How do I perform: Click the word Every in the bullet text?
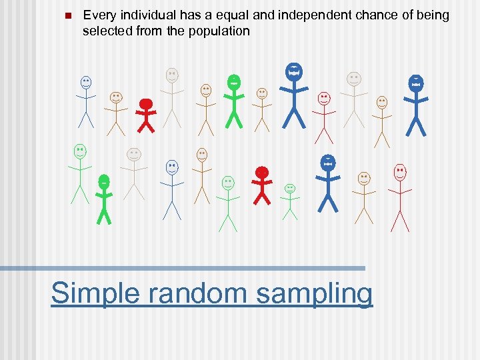click(x=97, y=15)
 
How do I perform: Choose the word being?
click(x=433, y=15)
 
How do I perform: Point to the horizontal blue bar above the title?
click(x=183, y=268)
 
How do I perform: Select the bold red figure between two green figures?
click(x=262, y=185)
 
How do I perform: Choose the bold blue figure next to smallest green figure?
click(x=327, y=182)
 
